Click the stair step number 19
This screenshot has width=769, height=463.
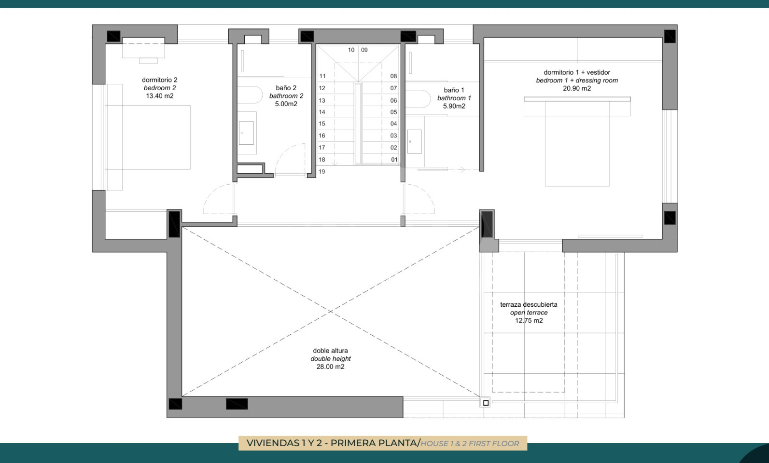[322, 172]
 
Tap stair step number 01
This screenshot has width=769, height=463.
[394, 160]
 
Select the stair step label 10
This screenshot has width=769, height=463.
[351, 50]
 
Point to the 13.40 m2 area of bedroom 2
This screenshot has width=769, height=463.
[160, 96]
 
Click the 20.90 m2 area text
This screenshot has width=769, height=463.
[577, 88]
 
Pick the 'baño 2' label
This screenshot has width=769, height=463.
[286, 88]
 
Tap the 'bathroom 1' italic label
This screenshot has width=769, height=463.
[454, 98]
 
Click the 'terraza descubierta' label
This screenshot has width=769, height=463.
[529, 304]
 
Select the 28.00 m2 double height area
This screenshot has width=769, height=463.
[330, 367]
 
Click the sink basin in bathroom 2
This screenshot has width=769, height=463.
[246, 133]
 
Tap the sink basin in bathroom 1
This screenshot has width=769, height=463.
[414, 141]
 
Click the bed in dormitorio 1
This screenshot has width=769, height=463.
[577, 142]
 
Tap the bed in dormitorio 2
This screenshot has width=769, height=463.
[148, 137]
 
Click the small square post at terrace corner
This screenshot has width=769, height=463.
[486, 403]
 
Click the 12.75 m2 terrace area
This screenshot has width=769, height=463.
[529, 321]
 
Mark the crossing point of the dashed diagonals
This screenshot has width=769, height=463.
[330, 312]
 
